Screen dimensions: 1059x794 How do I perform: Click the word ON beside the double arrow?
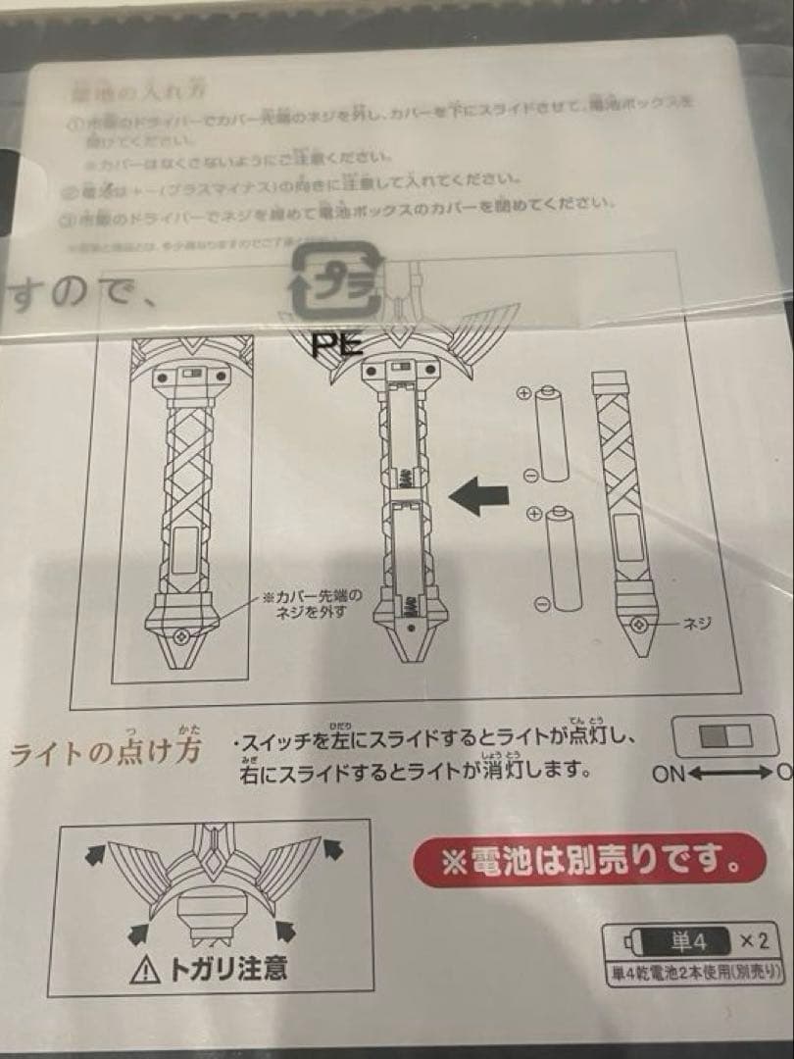tap(670, 774)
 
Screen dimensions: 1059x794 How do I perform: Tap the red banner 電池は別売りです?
tap(589, 862)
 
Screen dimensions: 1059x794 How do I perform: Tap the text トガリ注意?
tap(227, 970)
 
